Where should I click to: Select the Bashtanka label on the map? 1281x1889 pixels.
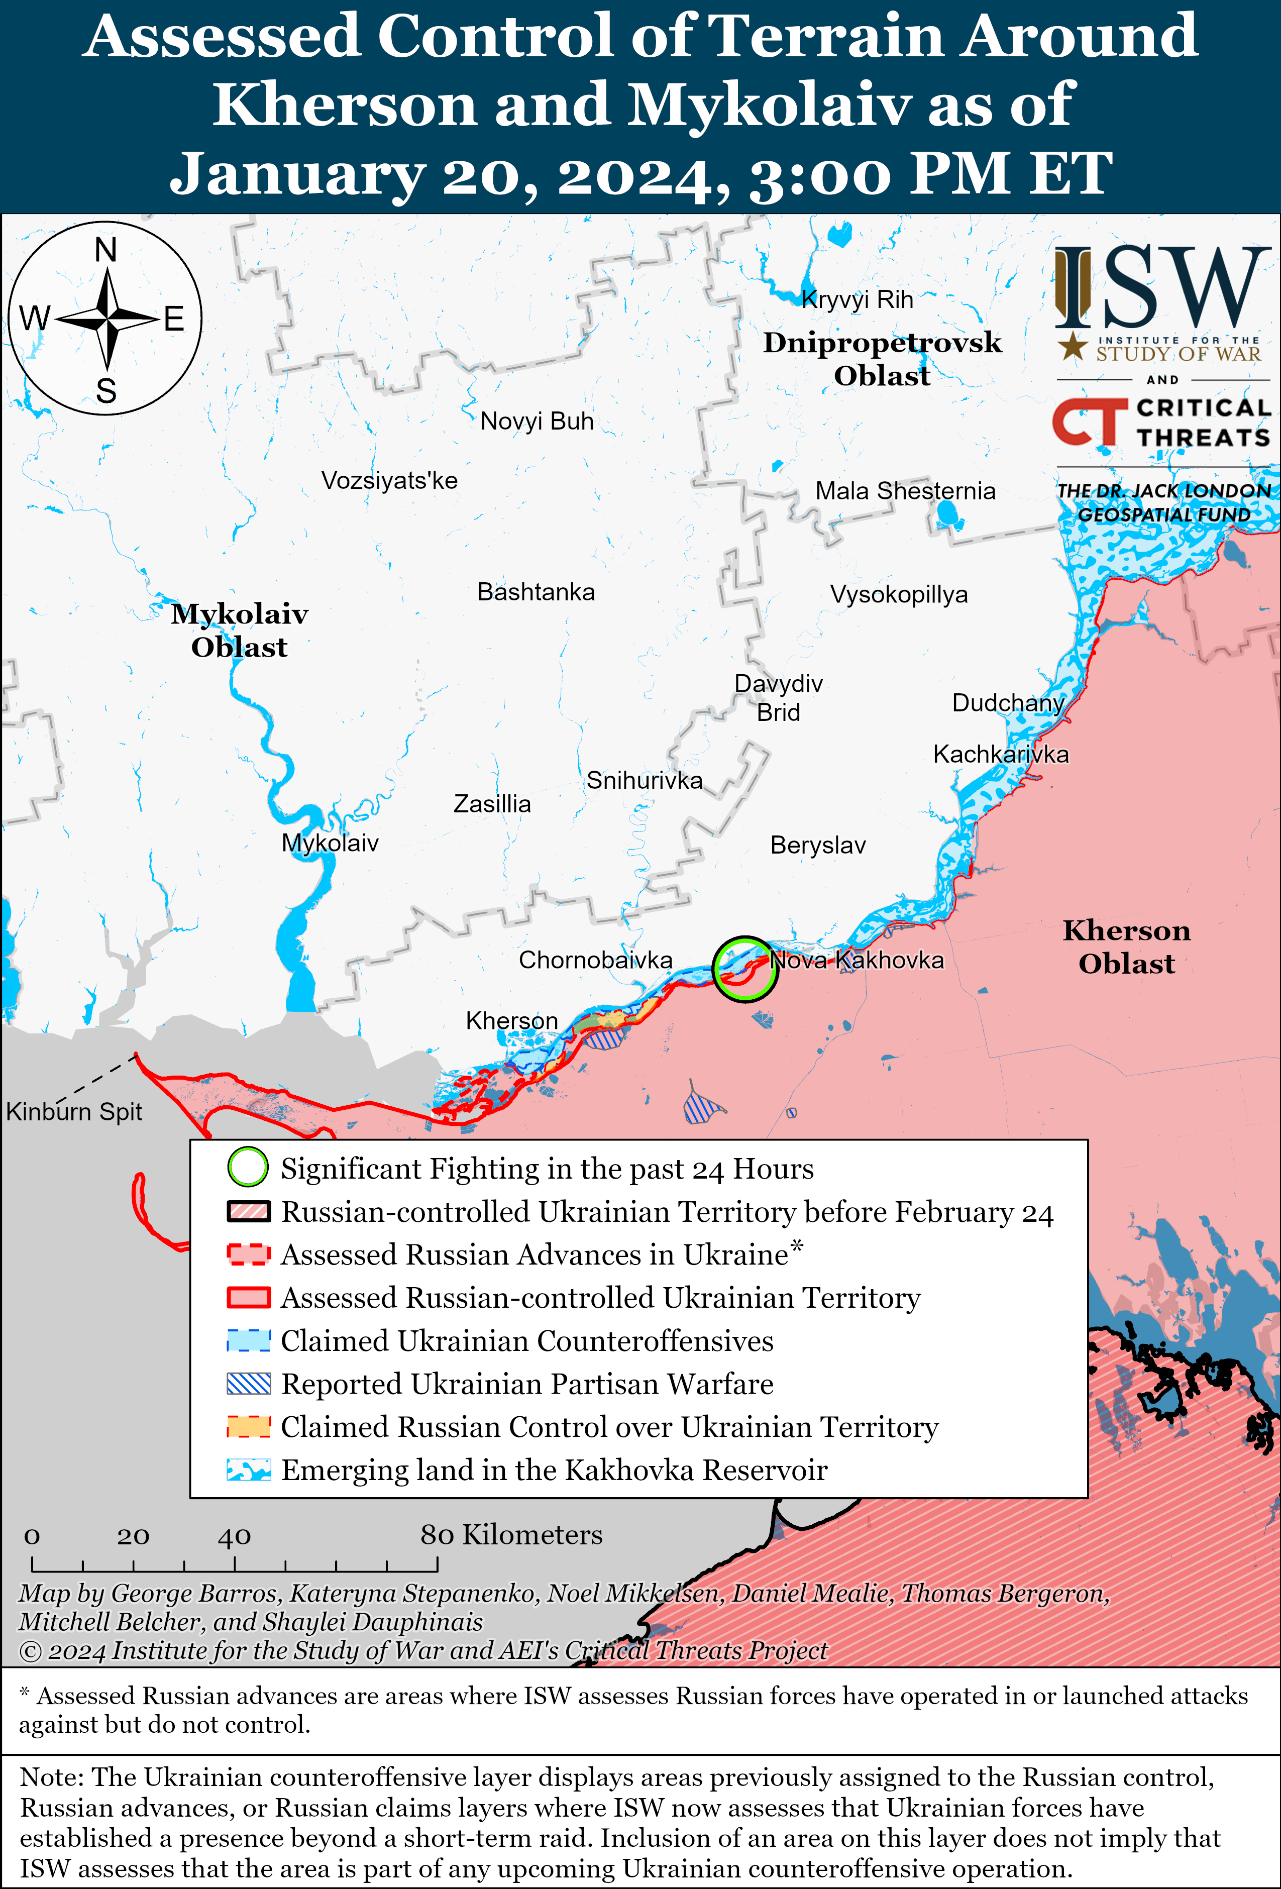click(536, 592)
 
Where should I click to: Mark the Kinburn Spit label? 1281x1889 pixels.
click(74, 1111)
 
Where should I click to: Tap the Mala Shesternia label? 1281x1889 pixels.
click(905, 491)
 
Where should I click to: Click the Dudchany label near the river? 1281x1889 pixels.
click(1007, 703)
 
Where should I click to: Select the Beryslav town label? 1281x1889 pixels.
click(818, 846)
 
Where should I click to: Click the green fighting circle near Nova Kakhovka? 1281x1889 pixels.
click(744, 969)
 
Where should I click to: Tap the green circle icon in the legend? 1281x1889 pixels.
click(248, 1167)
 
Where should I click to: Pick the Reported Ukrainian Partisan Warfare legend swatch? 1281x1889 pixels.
click(248, 1384)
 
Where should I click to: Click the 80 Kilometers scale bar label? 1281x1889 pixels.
click(511, 1535)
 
